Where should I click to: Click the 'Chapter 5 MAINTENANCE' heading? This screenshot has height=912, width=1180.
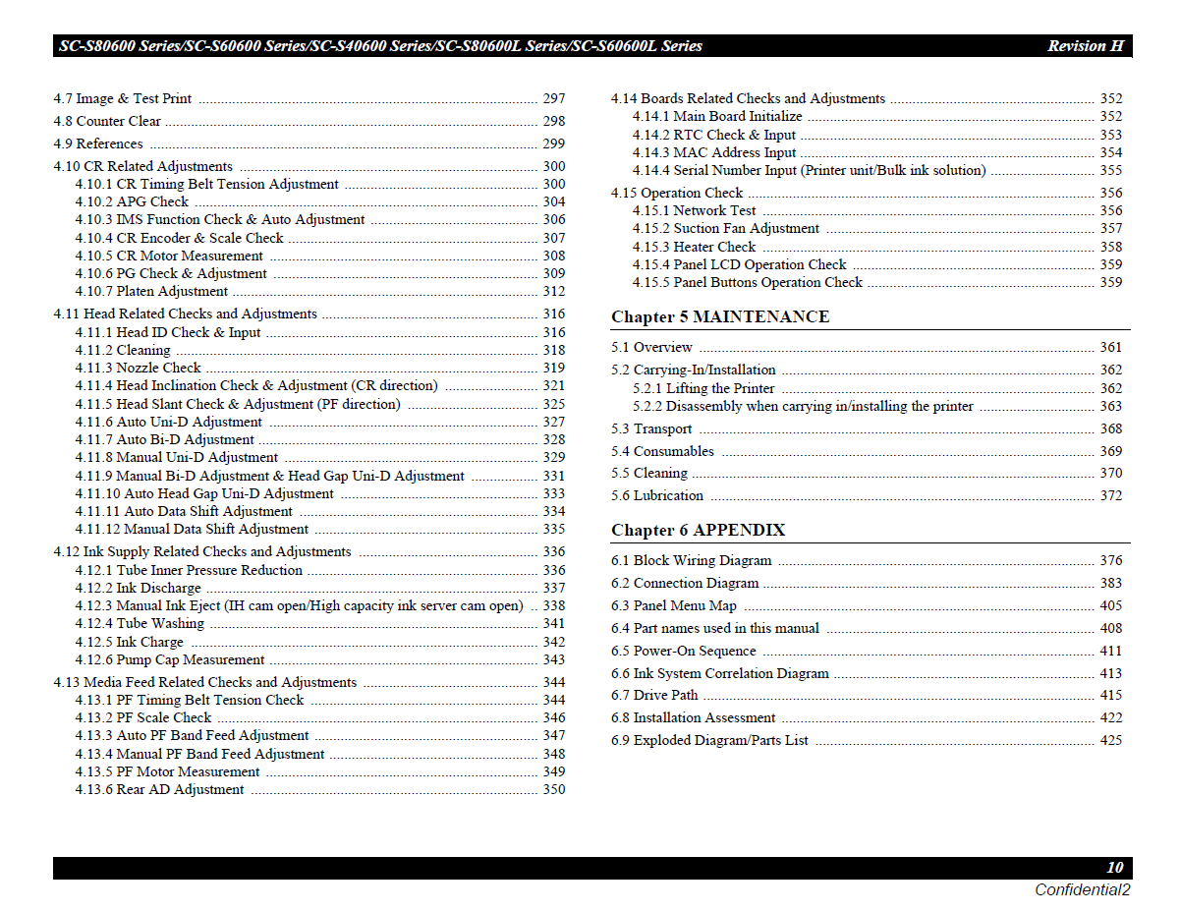coord(719,316)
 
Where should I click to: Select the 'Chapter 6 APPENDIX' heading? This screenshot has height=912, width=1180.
coord(698,530)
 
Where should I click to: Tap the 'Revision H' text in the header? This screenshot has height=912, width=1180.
coord(1085,46)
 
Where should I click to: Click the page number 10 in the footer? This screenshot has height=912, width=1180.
coord(1114,868)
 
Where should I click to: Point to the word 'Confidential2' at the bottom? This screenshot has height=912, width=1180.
coord(1082,889)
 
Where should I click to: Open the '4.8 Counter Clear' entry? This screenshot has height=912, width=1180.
coord(107,121)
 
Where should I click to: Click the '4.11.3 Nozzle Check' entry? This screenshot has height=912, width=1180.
coord(138,368)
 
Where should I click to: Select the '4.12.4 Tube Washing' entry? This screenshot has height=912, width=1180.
coord(140,623)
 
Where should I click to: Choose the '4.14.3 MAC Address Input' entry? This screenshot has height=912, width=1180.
coord(714,152)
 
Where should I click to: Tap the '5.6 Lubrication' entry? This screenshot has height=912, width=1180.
coord(657,495)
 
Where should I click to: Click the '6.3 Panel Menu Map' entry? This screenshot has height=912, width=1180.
coord(673,605)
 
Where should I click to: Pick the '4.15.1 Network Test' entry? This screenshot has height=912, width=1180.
coord(695,210)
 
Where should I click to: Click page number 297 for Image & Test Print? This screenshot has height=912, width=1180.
coord(554,98)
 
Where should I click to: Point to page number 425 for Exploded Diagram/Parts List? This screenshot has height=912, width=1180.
coord(1110,740)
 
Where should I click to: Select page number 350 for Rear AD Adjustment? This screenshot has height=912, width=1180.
coord(554,789)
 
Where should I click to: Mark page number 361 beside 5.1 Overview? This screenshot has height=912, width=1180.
coord(1110,347)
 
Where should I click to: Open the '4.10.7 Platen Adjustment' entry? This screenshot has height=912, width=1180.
coord(151,291)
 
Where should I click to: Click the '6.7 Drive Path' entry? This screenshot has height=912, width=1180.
coord(654,695)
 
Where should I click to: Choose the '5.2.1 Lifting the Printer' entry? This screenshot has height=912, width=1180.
coord(703,388)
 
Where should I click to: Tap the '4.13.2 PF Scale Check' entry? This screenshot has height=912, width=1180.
coord(143,717)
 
